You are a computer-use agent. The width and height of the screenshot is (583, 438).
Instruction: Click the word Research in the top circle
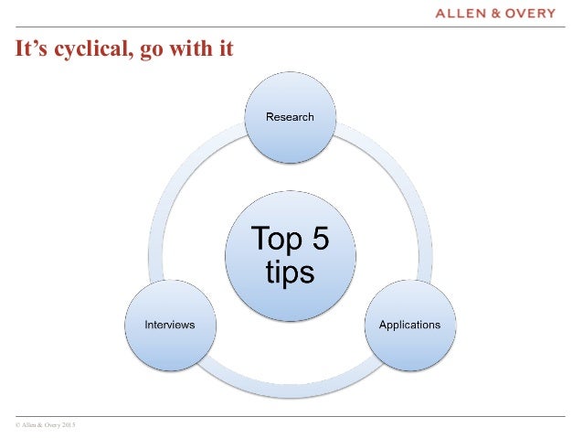[x=290, y=116]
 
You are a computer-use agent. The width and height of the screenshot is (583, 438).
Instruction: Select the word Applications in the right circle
[x=409, y=325]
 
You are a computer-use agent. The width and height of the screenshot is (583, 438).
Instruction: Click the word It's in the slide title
[x=29, y=48]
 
